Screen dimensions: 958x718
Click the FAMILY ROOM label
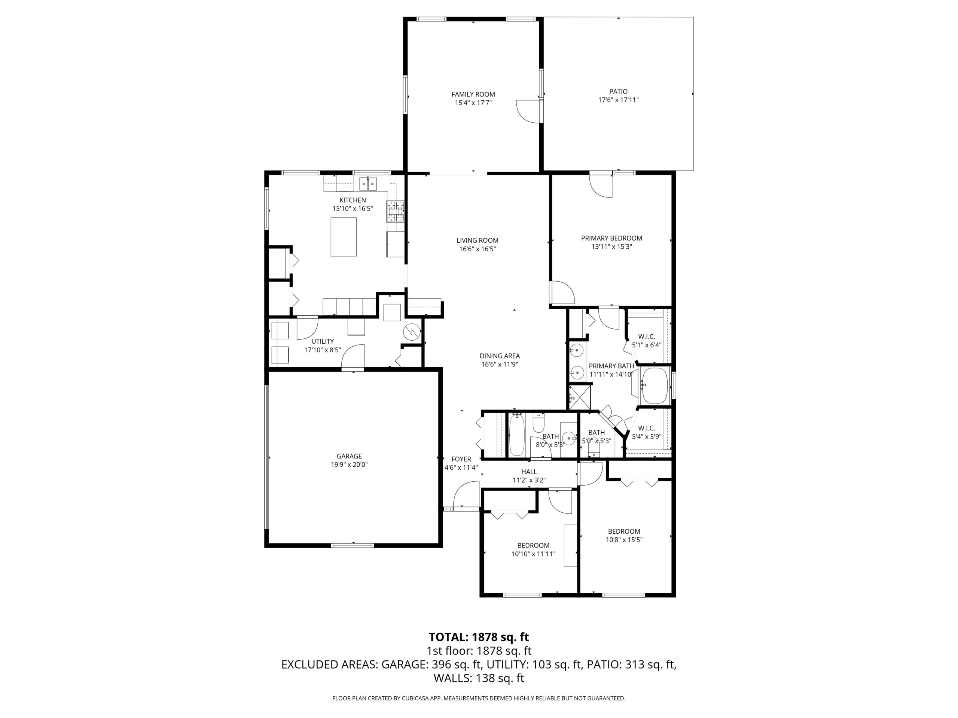tap(473, 94)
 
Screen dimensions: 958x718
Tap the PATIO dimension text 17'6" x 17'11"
tap(618, 100)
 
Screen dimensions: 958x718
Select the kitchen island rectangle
tap(344, 237)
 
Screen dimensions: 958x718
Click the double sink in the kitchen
tap(368, 184)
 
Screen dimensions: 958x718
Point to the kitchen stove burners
tap(396, 212)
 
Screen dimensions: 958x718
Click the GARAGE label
tap(349, 456)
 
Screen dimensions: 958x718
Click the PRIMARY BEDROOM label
tap(611, 238)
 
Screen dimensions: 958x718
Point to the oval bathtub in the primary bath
tap(655, 385)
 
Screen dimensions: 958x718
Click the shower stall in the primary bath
tap(579, 397)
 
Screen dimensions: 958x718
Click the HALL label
tap(529, 472)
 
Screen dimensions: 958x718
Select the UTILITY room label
tap(322, 341)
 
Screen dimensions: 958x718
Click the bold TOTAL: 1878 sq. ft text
tap(479, 637)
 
